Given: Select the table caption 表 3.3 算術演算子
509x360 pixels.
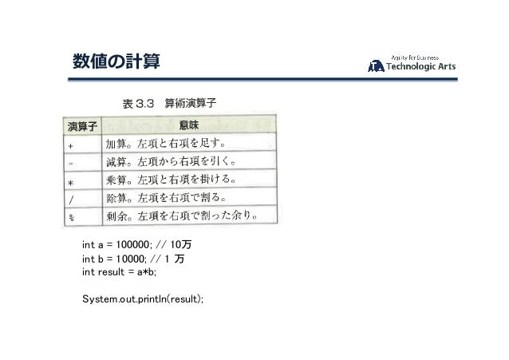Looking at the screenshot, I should click(x=165, y=104).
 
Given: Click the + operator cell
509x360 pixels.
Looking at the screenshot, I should click(x=72, y=146).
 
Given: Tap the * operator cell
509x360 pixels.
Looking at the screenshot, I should click(x=72, y=181).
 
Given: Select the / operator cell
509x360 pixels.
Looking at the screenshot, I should click(x=72, y=199).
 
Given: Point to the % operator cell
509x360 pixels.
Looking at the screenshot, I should click(x=72, y=217).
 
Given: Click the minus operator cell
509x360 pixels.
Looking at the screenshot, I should click(x=72, y=164).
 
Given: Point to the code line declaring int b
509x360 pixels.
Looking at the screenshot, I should click(x=132, y=259).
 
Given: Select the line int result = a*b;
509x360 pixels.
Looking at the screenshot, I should click(x=120, y=272).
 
